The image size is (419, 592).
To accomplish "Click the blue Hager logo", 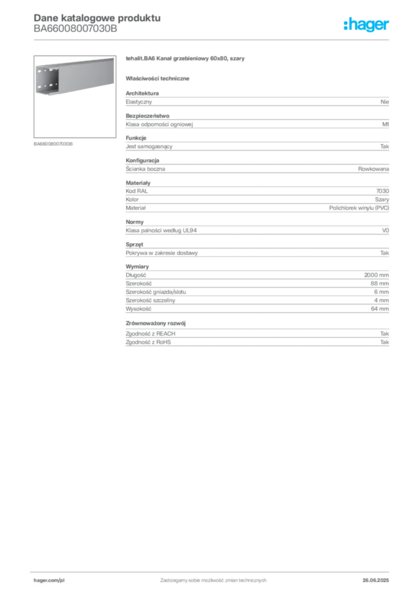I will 367,25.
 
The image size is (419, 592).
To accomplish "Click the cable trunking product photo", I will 73,77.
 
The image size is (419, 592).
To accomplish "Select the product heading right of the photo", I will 185,60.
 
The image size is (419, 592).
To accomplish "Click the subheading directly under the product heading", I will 159,78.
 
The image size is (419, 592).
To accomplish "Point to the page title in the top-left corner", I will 95,16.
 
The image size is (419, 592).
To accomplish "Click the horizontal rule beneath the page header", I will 213,40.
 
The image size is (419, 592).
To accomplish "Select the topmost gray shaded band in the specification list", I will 257,102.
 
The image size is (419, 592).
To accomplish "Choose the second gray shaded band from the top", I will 257,122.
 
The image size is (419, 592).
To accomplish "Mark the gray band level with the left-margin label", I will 257,145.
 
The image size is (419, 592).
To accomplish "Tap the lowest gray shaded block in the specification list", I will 257,335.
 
